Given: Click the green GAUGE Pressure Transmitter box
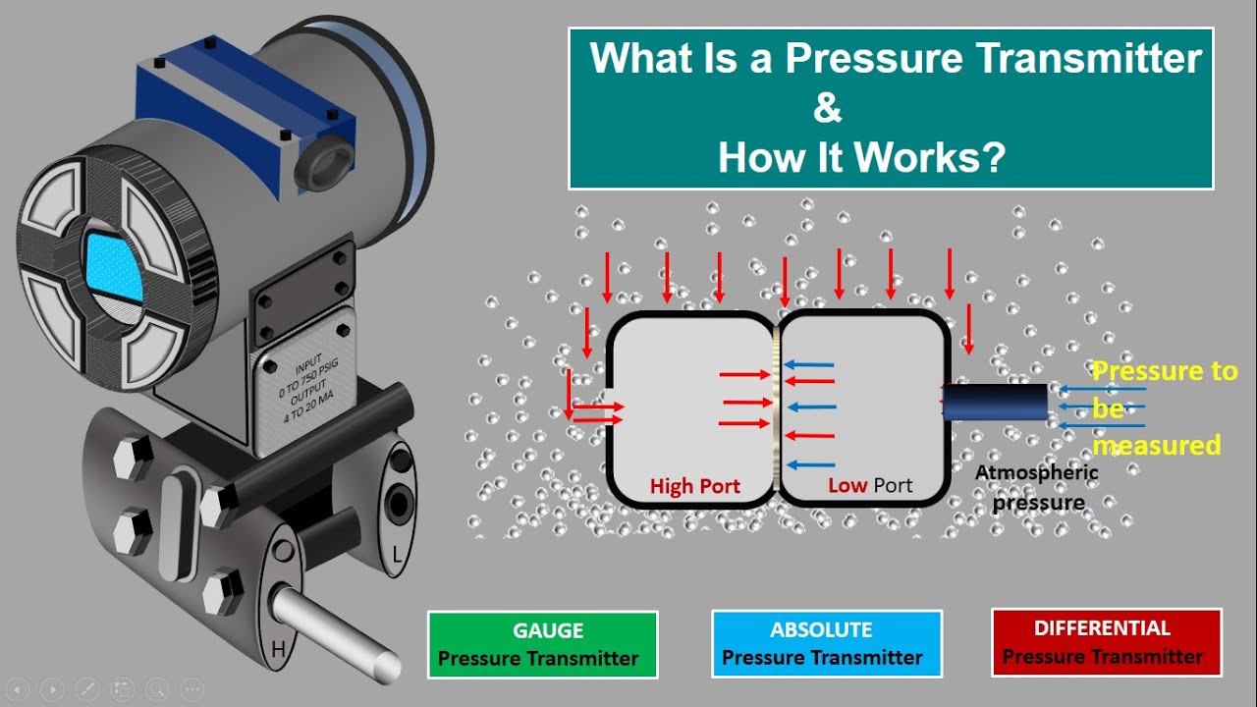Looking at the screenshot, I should point(542,644).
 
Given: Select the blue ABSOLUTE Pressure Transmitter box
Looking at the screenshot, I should point(826,644).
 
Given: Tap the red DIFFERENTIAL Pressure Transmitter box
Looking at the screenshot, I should point(1106,642).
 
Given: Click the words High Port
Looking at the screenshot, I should point(694,486).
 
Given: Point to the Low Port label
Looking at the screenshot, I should point(869,485).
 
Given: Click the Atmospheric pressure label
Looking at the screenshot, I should point(1037,488).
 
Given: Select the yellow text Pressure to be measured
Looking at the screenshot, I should point(1163,408).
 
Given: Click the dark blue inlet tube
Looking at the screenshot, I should point(996,403).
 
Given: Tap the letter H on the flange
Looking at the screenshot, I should point(279,648).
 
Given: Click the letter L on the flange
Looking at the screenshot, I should point(398,556).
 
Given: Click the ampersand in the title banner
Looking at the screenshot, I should point(827,108).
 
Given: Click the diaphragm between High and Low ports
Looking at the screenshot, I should point(776,408).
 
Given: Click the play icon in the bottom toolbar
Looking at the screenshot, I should point(52,688).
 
